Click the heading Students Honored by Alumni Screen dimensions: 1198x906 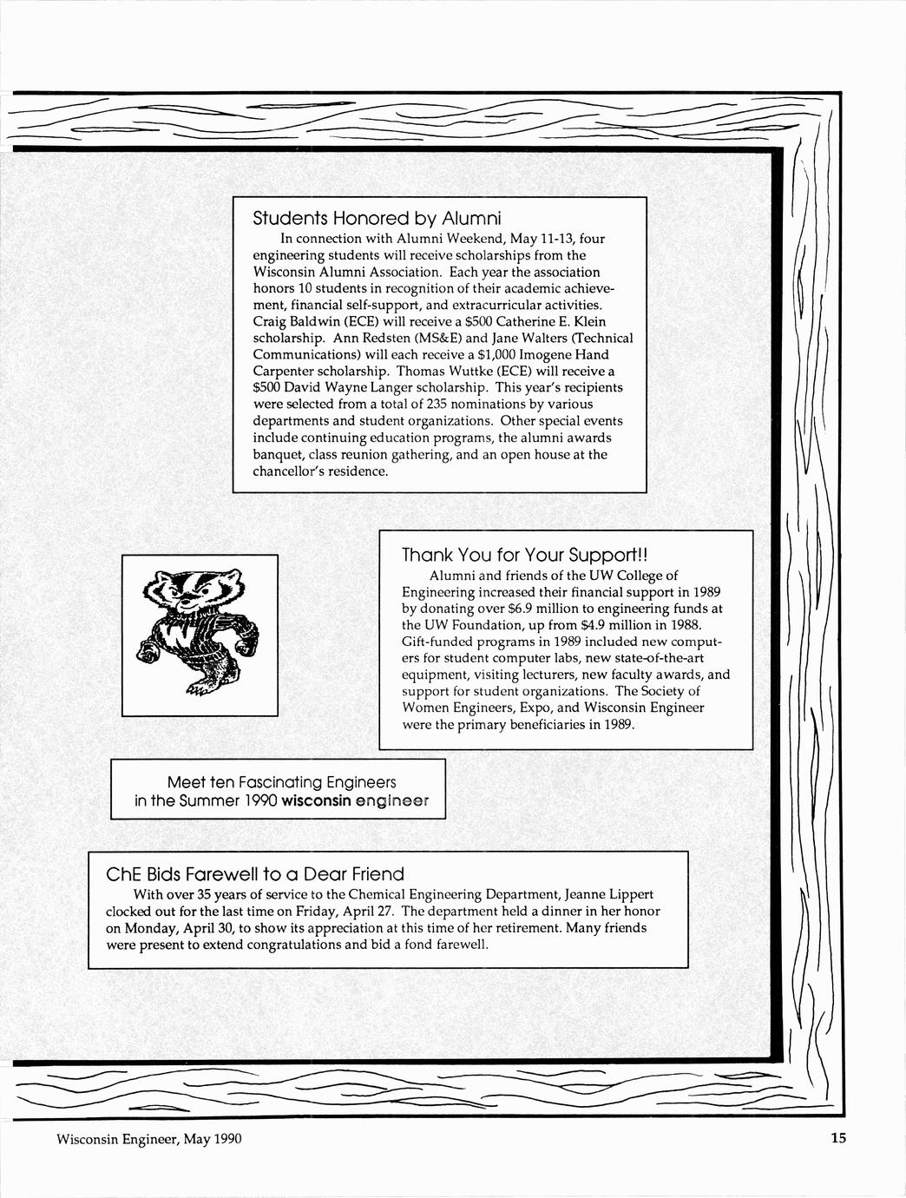click(377, 216)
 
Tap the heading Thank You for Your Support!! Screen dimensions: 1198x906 click(525, 555)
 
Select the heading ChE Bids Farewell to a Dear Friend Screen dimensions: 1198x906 click(254, 873)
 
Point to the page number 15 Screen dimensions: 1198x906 click(837, 1139)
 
